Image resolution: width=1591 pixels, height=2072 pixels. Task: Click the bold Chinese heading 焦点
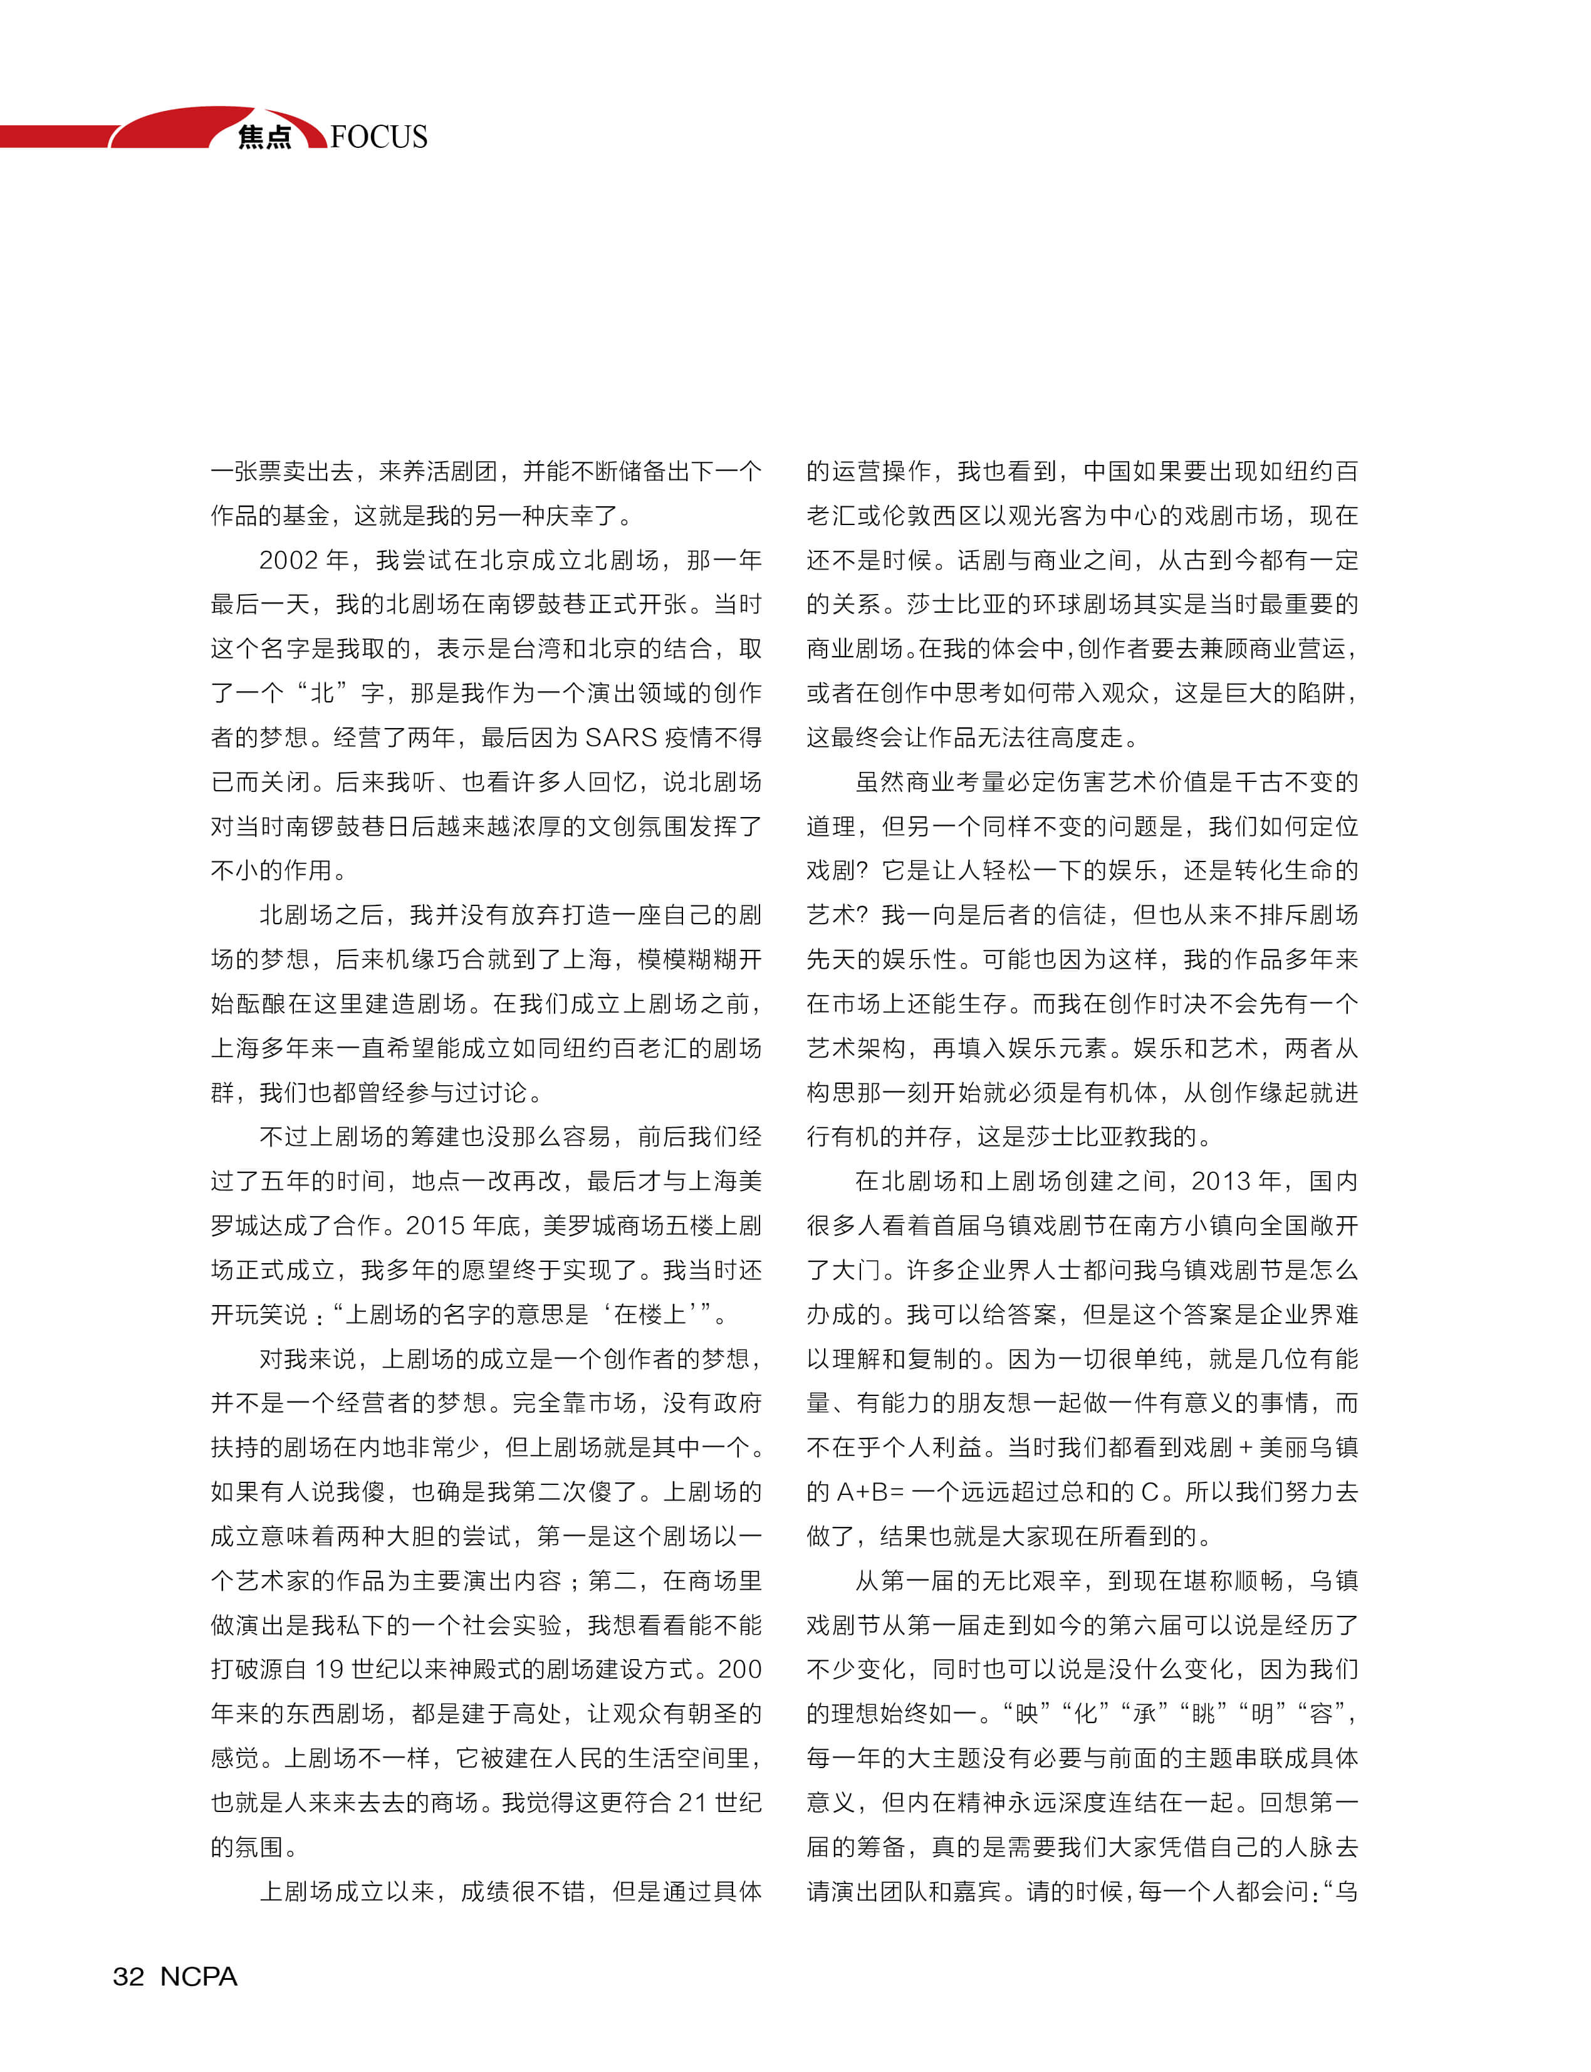tap(264, 137)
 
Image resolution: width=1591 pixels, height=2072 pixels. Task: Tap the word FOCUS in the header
tap(379, 137)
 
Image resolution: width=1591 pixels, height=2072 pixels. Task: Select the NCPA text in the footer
tap(199, 1976)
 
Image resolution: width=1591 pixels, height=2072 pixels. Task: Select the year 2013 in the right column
tap(1223, 1181)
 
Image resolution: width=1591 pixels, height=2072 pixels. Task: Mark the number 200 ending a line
tap(739, 1669)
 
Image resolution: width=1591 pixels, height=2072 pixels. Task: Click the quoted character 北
tap(323, 692)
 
